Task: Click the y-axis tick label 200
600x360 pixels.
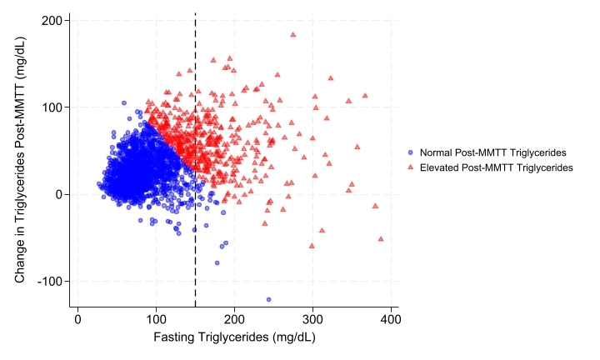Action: pos(54,20)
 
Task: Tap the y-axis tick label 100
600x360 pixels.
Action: pos(54,107)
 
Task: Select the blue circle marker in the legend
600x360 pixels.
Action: pos(411,152)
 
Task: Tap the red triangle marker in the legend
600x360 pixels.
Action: pos(411,167)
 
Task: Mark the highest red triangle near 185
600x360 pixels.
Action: pos(293,35)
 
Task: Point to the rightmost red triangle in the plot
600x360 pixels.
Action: pos(381,239)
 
